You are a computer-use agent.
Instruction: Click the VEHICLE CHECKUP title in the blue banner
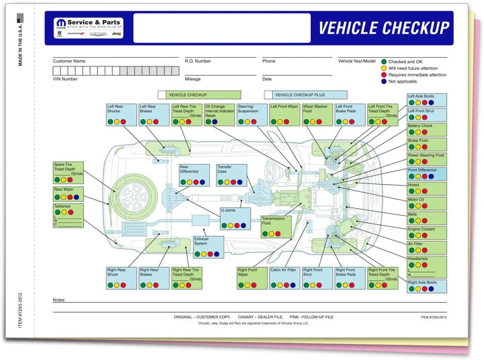pos(383,28)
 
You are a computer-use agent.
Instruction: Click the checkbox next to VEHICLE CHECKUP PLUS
pos(268,95)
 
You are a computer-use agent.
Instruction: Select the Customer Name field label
pos(69,61)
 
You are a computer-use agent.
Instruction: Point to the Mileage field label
pos(193,79)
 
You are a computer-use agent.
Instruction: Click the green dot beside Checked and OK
pos(384,61)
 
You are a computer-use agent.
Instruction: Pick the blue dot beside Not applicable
pos(384,81)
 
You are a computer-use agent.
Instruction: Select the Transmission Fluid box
pos(276,226)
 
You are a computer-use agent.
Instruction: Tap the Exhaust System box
pos(209,246)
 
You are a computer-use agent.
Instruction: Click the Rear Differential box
pos(194,175)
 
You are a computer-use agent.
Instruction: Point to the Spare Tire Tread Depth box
pos(69,173)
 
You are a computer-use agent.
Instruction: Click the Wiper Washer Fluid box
pos(317,114)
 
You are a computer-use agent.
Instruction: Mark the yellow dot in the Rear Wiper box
pos(64,197)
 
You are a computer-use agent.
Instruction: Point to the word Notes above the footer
pos(59,300)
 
